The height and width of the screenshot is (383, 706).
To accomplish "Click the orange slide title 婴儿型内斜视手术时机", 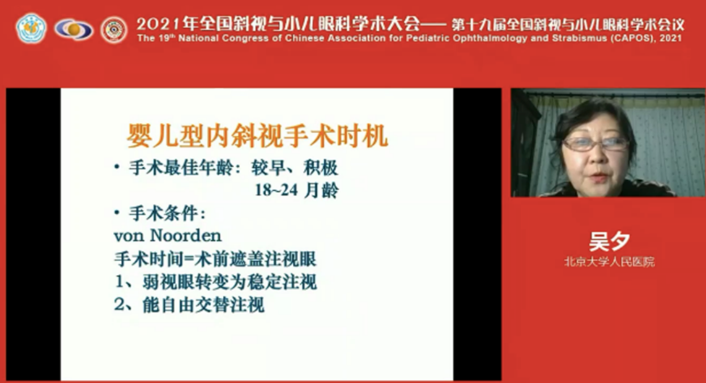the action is pyautogui.click(x=257, y=136).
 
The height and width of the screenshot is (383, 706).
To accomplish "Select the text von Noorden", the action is pyautogui.click(x=168, y=236).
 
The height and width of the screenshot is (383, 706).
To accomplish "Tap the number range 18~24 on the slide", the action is pyautogui.click(x=276, y=190).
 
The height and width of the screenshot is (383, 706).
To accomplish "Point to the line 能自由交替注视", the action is pyautogui.click(x=203, y=305).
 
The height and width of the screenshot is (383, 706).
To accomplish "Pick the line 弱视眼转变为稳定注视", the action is pyautogui.click(x=230, y=282).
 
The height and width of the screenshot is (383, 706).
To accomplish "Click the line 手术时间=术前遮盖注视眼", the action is pyautogui.click(x=215, y=259).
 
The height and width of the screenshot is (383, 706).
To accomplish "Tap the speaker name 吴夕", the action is pyautogui.click(x=609, y=241).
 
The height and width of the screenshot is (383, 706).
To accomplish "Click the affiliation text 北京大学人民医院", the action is pyautogui.click(x=609, y=262).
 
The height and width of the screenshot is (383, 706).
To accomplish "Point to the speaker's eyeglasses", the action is pyautogui.click(x=595, y=144).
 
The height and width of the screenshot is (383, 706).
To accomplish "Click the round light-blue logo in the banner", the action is pyautogui.click(x=31, y=28).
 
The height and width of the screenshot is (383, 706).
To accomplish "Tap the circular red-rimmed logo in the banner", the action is pyautogui.click(x=114, y=30).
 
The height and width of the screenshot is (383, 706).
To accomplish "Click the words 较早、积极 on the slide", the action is pyautogui.click(x=295, y=168).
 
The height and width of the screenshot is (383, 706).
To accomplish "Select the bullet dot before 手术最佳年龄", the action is pyautogui.click(x=117, y=166).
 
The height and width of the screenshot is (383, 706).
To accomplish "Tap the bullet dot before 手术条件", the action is pyautogui.click(x=117, y=212).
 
